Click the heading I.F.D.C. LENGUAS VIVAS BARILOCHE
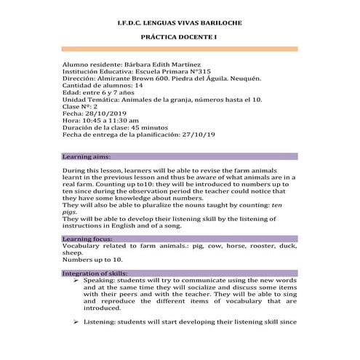tap(180, 24)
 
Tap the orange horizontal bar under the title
tap(180, 49)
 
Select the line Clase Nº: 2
tap(81, 107)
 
